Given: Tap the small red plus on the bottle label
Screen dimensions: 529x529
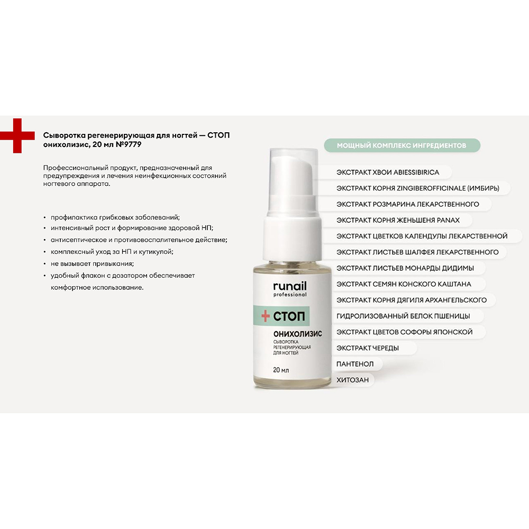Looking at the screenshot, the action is [x=266, y=316].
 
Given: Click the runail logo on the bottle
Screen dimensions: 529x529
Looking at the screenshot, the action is [x=290, y=289].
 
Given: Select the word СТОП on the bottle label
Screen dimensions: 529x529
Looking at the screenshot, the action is [x=289, y=316].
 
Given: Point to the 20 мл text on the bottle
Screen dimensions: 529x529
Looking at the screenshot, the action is [x=281, y=370].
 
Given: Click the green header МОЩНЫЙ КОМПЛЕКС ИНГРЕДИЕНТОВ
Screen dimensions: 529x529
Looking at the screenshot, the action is [x=402, y=145].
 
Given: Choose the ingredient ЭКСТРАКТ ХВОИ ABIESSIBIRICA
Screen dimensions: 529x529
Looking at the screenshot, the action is [x=388, y=172].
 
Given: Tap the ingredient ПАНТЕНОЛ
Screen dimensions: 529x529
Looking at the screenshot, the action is [x=355, y=364].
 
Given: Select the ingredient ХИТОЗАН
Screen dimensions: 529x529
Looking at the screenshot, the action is [x=352, y=380].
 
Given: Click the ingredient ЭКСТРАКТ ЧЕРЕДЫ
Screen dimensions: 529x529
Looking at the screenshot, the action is [x=368, y=348].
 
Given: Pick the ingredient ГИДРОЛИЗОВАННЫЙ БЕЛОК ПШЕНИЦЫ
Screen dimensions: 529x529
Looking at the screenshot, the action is [x=403, y=316].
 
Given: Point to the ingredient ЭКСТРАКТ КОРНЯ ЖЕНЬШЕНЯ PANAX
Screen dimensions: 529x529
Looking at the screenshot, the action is [x=398, y=220].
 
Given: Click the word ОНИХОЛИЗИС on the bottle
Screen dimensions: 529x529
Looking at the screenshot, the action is [x=297, y=334].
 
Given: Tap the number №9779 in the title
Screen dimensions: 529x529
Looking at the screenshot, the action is [x=129, y=144].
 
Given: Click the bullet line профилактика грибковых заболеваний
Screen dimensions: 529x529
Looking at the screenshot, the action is [x=115, y=217].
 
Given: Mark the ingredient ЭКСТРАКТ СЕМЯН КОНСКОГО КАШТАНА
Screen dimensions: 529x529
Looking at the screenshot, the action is [x=404, y=284].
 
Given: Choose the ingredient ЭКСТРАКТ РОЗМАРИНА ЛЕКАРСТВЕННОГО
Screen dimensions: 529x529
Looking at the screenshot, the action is [x=407, y=204].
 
